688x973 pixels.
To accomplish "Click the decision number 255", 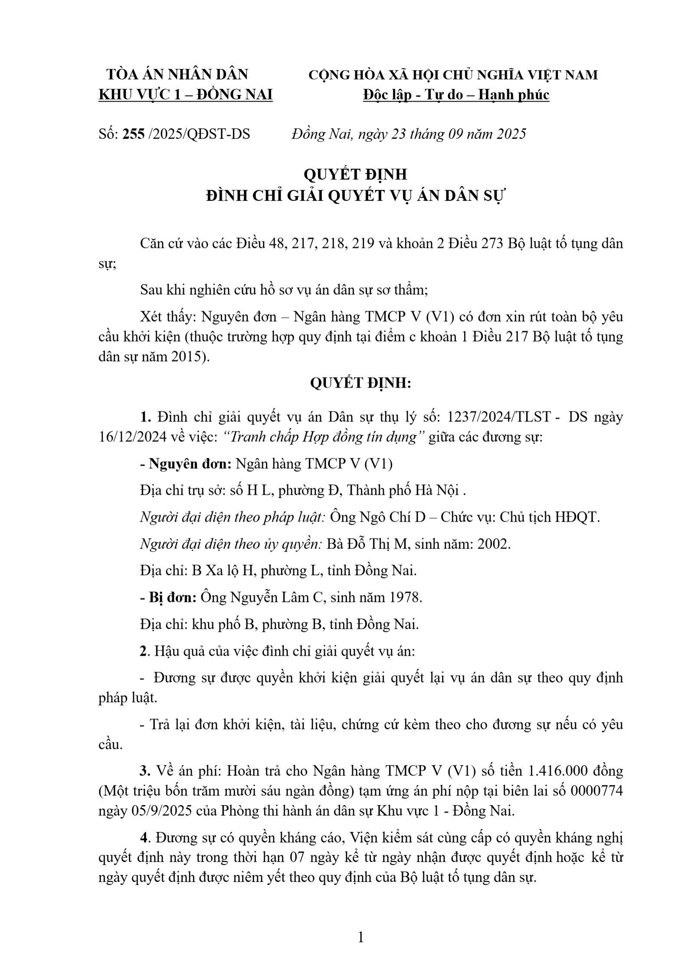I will click(133, 134).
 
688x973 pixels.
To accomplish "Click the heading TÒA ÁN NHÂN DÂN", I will click(177, 75).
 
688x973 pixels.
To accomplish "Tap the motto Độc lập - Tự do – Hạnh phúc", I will click(456, 95).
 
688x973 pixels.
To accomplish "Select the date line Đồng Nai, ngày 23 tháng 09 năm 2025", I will click(409, 134).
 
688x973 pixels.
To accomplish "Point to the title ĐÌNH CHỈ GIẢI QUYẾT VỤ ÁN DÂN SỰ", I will click(356, 196).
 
